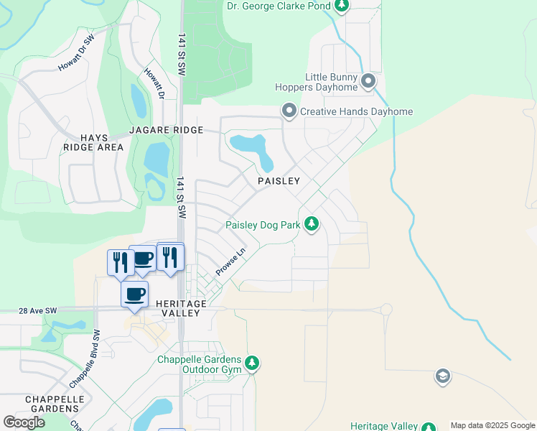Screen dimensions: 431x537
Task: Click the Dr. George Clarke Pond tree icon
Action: tap(342, 6)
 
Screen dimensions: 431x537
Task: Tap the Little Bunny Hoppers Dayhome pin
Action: tap(368, 80)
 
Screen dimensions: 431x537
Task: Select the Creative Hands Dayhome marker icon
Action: tap(289, 111)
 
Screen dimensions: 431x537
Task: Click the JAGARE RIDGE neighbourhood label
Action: tap(166, 130)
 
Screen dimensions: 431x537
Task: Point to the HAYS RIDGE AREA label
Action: tap(93, 141)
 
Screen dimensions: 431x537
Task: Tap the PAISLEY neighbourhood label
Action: tap(279, 181)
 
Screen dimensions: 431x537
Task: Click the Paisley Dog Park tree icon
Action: tap(311, 224)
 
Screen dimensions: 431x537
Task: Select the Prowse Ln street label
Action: tap(231, 262)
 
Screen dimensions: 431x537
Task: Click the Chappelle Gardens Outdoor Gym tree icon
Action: tap(251, 363)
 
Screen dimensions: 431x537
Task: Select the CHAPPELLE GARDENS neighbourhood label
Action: tap(55, 404)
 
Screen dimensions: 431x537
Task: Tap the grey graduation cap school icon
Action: tap(443, 376)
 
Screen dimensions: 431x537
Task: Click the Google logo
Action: tap(24, 422)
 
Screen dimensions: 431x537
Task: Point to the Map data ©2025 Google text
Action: tap(492, 425)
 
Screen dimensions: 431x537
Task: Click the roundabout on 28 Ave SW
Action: tap(386, 310)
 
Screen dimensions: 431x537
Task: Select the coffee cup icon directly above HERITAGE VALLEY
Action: tap(134, 295)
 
